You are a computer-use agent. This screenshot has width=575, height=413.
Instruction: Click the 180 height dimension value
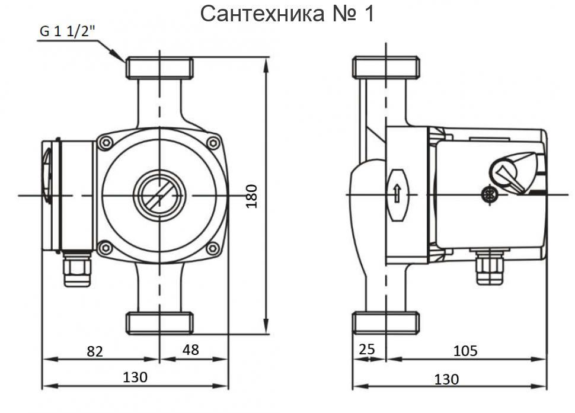point(251,196)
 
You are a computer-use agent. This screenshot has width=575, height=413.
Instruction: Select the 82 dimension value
point(95,351)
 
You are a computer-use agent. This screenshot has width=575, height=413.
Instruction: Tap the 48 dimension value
point(190,350)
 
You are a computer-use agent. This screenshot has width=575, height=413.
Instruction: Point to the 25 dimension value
point(368,350)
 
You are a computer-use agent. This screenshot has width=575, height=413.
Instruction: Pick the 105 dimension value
point(465,351)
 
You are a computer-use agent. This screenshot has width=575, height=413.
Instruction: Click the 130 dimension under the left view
point(135,377)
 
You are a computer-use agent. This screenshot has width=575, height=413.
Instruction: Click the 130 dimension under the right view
point(446,379)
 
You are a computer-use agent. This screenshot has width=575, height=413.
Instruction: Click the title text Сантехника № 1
point(287,14)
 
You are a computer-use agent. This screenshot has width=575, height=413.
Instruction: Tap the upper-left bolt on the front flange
point(107,142)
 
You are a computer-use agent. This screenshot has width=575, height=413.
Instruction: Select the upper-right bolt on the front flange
point(213,142)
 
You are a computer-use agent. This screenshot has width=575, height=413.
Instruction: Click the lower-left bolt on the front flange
point(107,248)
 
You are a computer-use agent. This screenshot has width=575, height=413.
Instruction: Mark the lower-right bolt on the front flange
point(213,248)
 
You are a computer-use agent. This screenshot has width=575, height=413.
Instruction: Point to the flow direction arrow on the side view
point(397,194)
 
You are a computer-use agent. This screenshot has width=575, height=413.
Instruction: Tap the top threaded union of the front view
point(159,68)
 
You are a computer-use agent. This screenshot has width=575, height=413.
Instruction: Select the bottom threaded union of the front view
point(159,324)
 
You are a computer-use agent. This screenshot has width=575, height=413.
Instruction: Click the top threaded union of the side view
point(386,67)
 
